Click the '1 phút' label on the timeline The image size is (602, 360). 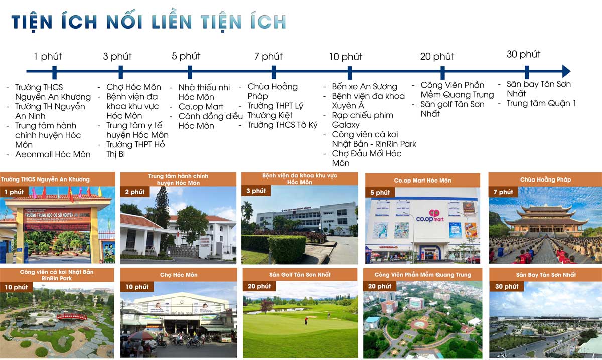click(x=48, y=56)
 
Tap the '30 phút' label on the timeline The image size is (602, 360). click(x=523, y=54)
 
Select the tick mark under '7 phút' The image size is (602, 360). click(x=273, y=72)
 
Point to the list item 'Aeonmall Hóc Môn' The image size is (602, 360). click(x=53, y=154)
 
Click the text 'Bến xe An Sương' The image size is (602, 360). click(x=364, y=87)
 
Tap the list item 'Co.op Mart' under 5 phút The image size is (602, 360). click(x=201, y=107)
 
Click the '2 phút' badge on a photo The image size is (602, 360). click(x=134, y=192)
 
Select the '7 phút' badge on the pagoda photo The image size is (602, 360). click(x=503, y=192)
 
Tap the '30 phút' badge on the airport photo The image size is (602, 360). click(x=507, y=286)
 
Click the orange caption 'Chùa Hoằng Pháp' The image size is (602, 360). click(x=545, y=179)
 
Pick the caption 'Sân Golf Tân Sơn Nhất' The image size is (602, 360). click(x=300, y=275)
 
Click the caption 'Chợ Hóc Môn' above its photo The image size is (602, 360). click(x=179, y=275)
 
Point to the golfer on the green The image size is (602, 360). click(x=305, y=320)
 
